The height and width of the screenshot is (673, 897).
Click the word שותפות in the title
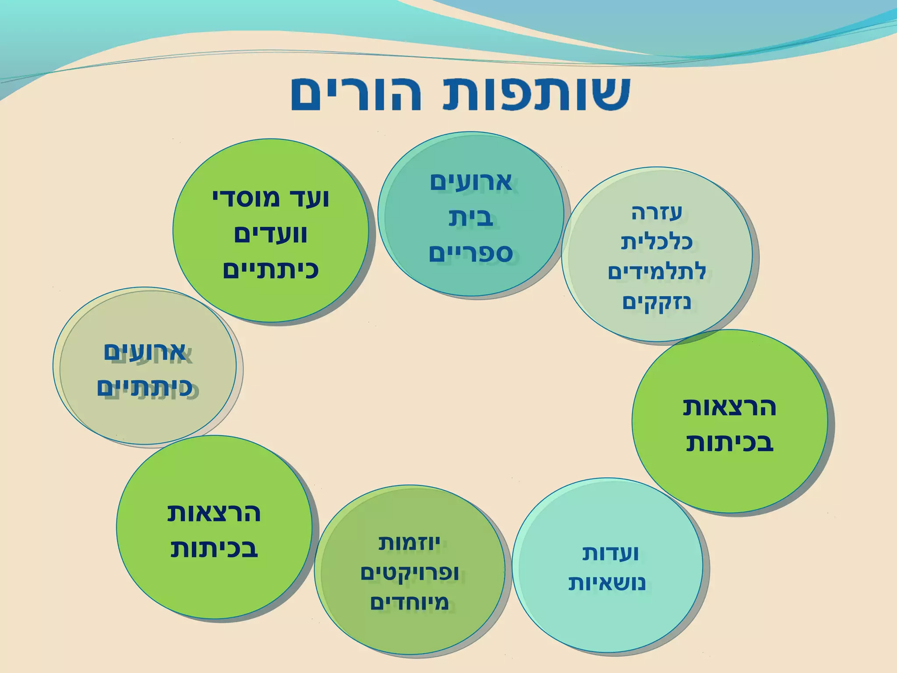[x=526, y=94]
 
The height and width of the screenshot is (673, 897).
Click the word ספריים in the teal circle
[x=470, y=253]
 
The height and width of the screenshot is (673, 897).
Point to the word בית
[x=471, y=218]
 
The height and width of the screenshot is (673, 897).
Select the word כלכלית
[x=657, y=242]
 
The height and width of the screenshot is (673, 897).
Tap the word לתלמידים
[x=657, y=272]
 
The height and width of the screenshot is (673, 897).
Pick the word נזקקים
[x=657, y=302]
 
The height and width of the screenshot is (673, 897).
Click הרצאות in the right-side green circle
[x=729, y=407]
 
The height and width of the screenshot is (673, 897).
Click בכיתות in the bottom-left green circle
[x=214, y=549]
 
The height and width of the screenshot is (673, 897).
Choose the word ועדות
[x=610, y=554]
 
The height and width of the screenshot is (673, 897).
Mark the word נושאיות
[x=607, y=584]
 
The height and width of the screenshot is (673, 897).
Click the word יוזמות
[x=409, y=544]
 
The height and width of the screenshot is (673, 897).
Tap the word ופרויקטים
[x=409, y=573]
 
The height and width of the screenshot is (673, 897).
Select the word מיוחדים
[x=409, y=603]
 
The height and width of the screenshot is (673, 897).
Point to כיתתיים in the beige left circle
[x=145, y=388]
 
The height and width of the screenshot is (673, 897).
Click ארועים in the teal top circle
[x=470, y=182]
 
